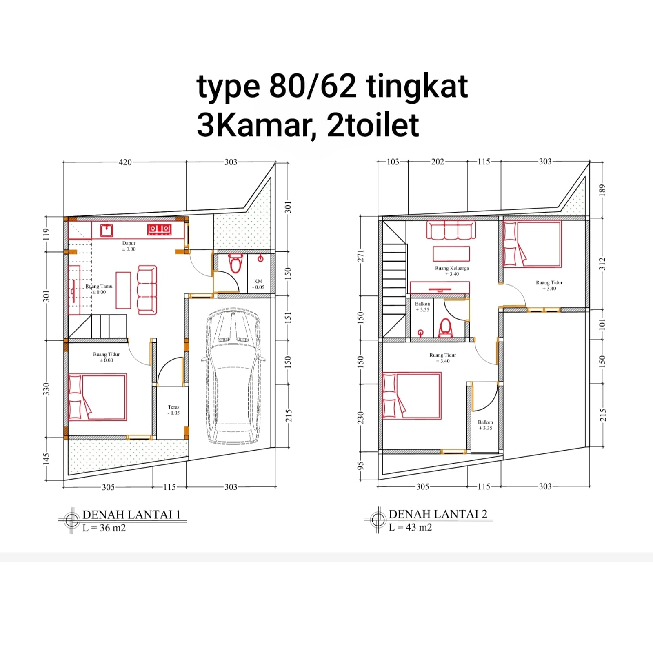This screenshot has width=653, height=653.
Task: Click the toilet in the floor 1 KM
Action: pos(235,264)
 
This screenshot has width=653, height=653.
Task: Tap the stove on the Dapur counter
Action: pos(159,229)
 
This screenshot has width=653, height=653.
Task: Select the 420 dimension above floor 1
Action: pos(125,162)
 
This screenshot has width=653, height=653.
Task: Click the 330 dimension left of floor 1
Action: pos(46,389)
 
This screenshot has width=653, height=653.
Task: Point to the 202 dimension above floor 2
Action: pos(438,162)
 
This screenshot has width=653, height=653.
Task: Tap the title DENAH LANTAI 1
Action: pos(131,514)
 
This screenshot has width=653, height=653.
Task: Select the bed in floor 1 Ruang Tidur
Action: pos(97,397)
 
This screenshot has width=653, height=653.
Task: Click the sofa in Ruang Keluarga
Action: pos(451,231)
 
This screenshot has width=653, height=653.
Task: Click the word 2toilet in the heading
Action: pos(373,125)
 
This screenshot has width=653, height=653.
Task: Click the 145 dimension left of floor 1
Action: pos(46,459)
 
